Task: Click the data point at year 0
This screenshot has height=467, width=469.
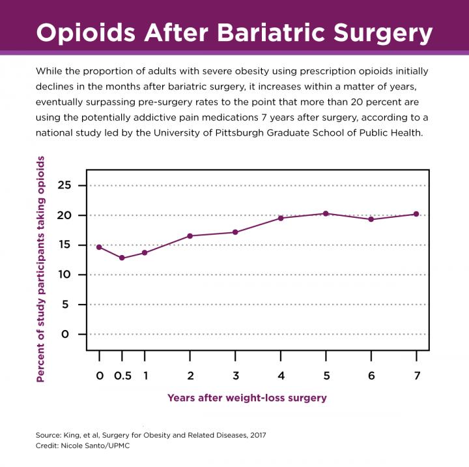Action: tap(99, 247)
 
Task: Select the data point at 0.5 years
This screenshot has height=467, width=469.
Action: tap(122, 258)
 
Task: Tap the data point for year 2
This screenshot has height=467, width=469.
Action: tap(190, 236)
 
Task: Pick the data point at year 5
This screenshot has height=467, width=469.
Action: tap(326, 213)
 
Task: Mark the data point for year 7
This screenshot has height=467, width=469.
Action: tap(416, 214)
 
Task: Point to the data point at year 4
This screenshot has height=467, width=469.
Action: tap(281, 218)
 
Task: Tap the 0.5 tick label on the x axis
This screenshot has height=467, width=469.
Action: tap(122, 376)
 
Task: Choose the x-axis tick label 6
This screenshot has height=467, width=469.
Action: tap(371, 376)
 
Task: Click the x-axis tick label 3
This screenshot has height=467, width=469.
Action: tap(235, 376)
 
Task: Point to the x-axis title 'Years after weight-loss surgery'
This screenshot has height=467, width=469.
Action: tap(247, 397)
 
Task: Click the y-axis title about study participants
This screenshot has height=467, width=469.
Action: tap(40, 269)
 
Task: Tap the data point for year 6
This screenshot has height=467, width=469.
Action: tap(371, 219)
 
